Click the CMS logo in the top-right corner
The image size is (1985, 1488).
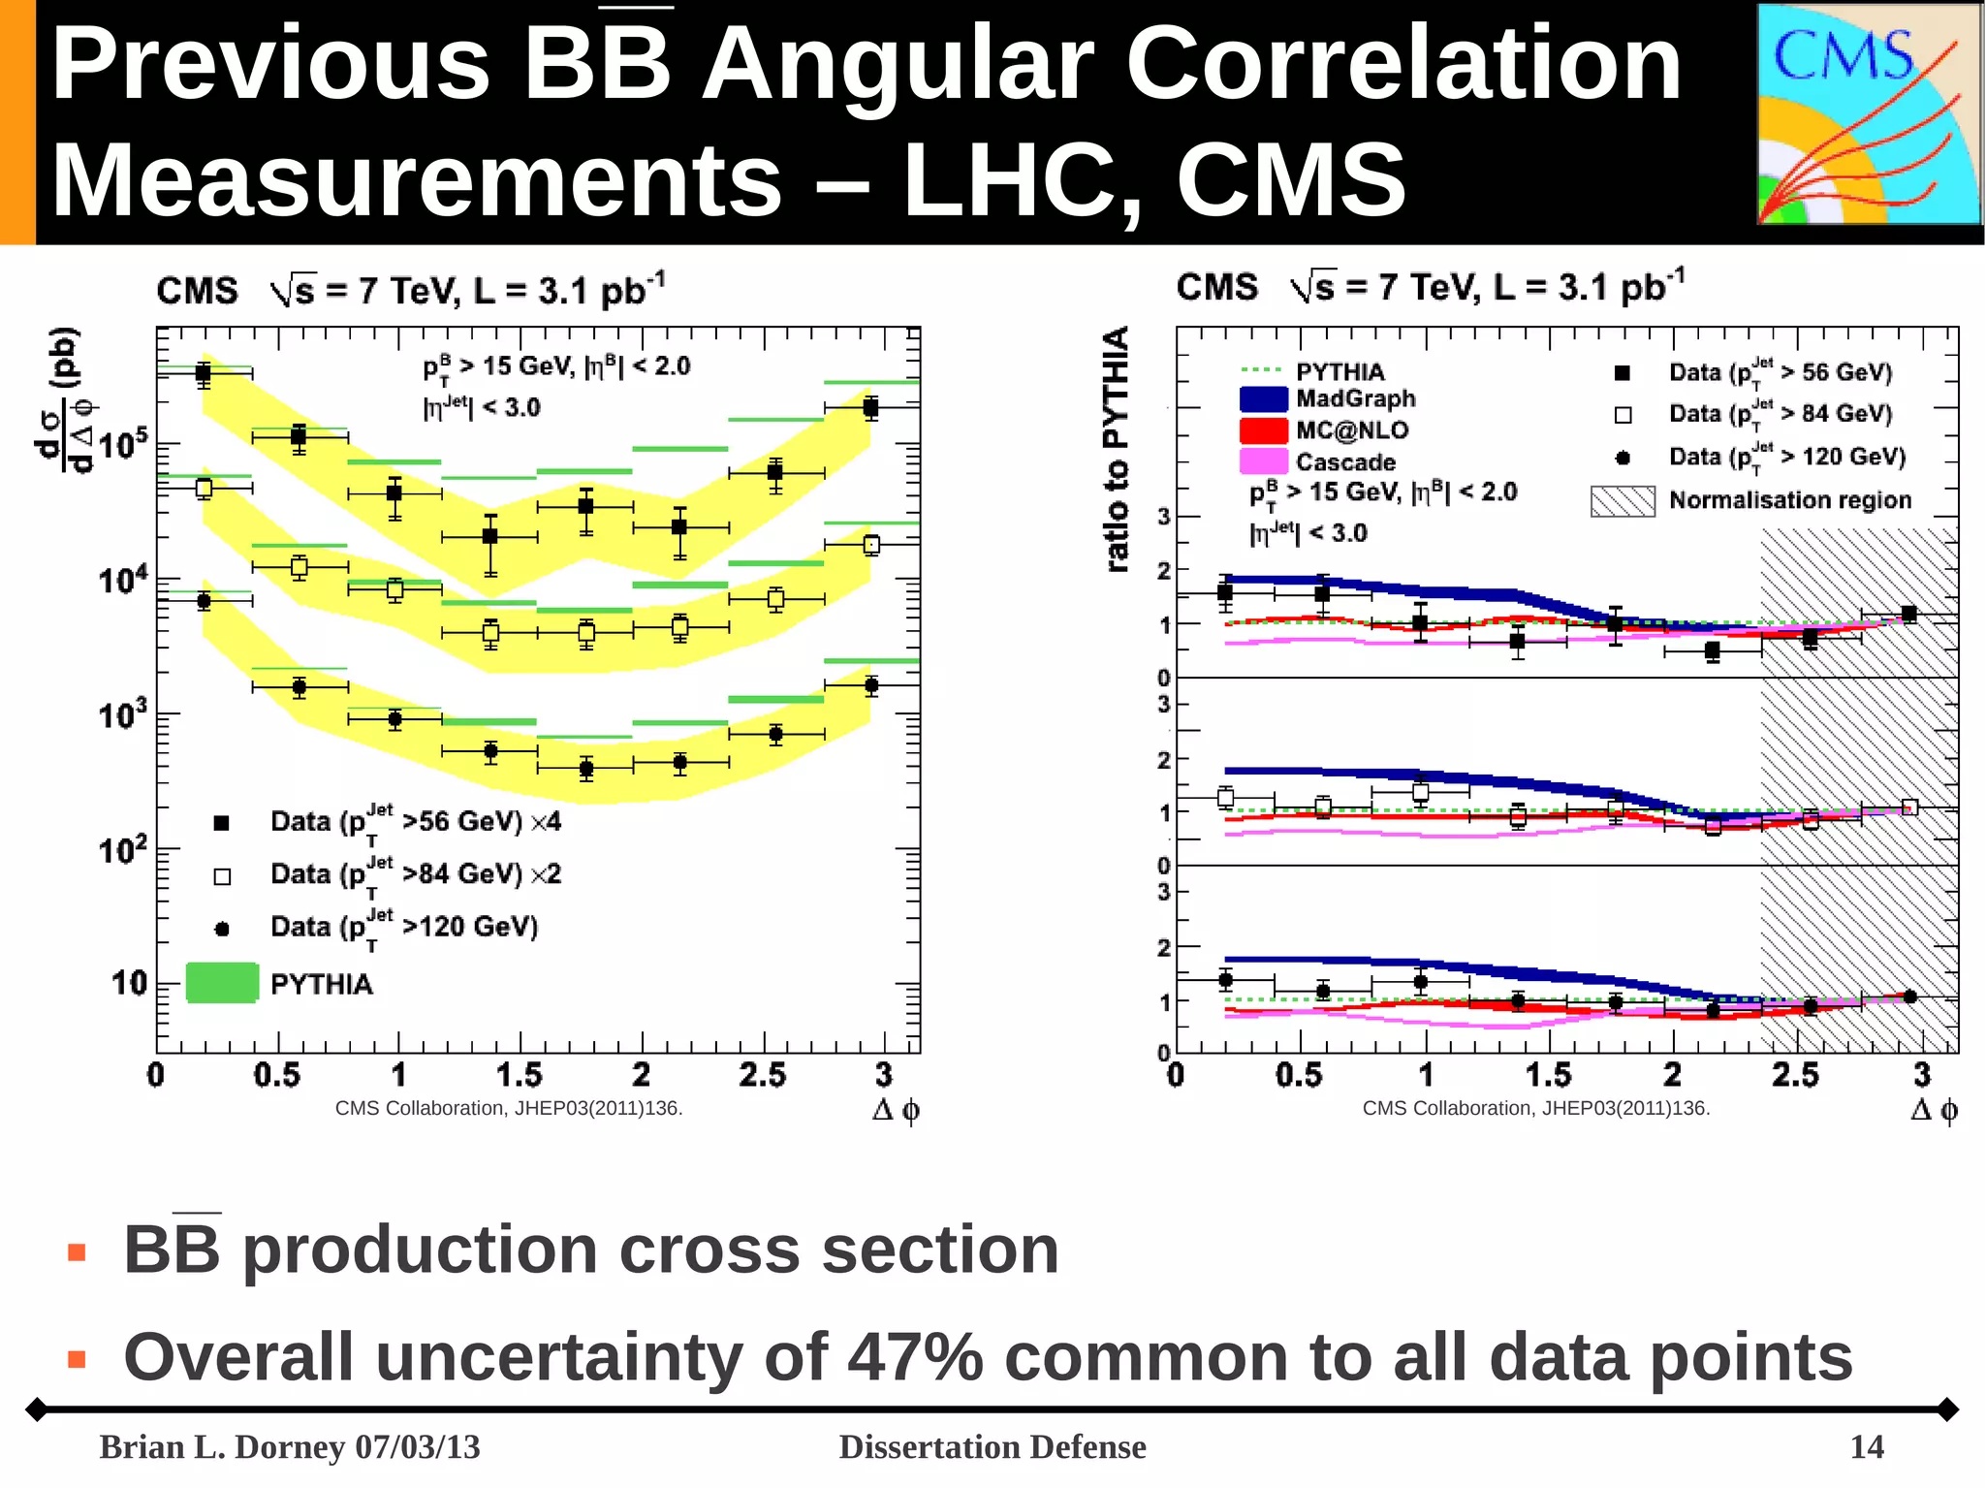click(1868, 114)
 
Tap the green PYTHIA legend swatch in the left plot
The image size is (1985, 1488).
click(222, 983)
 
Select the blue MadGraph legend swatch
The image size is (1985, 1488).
click(1264, 399)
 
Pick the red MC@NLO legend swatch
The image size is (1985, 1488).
click(1264, 430)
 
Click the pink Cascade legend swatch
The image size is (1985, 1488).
click(1264, 461)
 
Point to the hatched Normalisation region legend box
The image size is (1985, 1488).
click(1623, 501)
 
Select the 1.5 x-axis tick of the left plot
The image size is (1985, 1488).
click(519, 1075)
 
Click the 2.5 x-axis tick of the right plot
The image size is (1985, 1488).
click(1795, 1075)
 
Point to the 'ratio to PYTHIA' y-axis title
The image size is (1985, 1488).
click(1117, 448)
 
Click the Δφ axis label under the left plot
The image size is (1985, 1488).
click(896, 1110)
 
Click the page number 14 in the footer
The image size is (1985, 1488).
click(1866, 1447)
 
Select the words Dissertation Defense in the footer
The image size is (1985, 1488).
click(992, 1447)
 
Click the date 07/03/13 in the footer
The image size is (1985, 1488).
click(418, 1447)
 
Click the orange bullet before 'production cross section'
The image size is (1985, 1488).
click(77, 1252)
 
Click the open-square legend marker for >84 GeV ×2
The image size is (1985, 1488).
click(222, 876)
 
